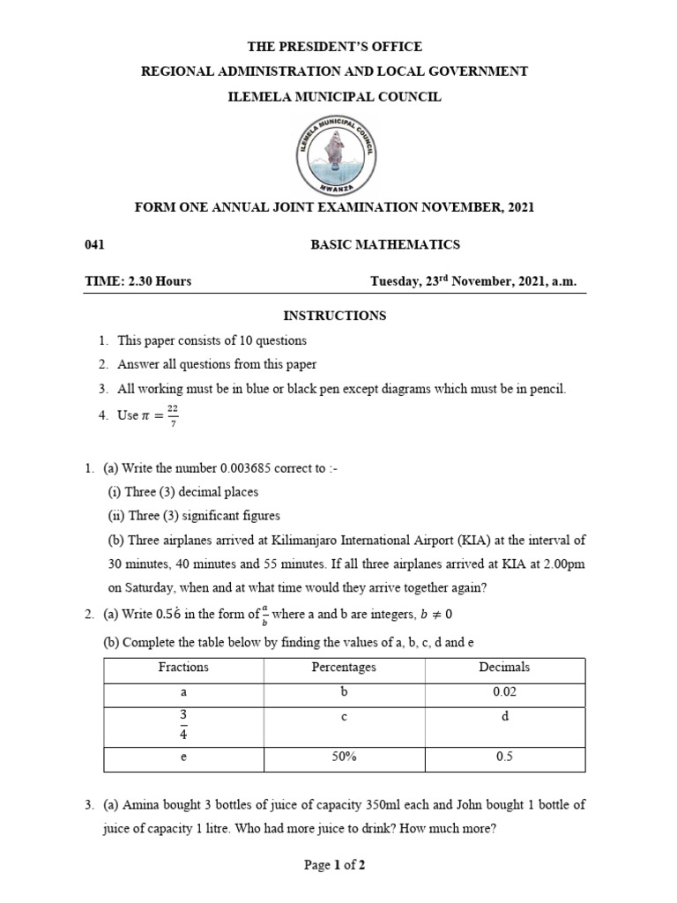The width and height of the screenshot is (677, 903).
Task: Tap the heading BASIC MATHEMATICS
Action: [x=384, y=244]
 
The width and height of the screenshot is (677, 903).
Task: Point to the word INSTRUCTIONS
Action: [x=334, y=315]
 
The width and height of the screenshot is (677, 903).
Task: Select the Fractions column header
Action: [x=183, y=668]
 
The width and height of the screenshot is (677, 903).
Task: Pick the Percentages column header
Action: [x=344, y=668]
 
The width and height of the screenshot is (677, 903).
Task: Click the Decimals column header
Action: [x=504, y=668]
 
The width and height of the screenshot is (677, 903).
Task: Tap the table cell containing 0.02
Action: [x=504, y=693]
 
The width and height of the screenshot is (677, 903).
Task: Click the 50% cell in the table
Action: [x=344, y=757]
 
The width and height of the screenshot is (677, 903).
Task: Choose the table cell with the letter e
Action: [x=183, y=757]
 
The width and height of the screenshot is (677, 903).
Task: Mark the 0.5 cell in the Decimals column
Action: [x=504, y=757]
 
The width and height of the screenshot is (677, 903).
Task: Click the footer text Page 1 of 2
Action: [x=335, y=865]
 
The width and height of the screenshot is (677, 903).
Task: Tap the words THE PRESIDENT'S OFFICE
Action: [x=334, y=46]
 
